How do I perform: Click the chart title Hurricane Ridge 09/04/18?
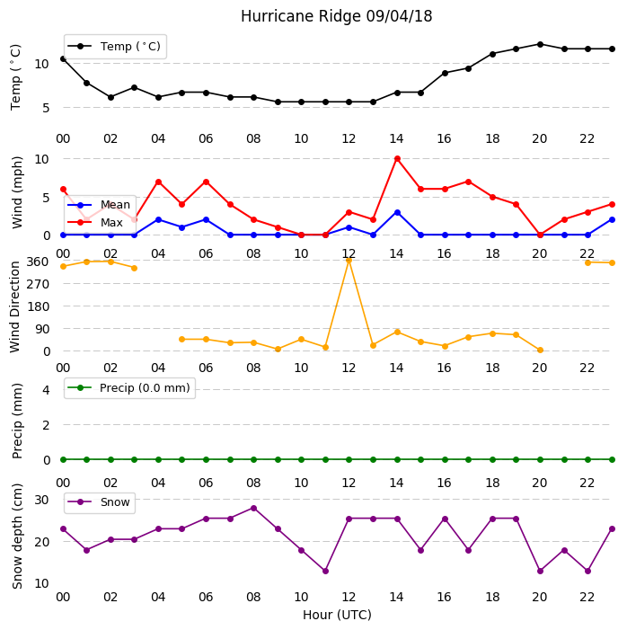336,16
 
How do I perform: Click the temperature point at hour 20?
540,44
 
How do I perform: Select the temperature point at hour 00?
63,58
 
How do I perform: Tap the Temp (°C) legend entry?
114,47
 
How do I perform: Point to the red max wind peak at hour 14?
397,159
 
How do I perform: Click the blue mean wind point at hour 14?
397,212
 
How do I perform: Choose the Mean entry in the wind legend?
99,205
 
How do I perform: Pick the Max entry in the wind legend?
95,222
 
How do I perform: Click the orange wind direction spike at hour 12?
349,261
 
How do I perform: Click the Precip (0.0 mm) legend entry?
129,387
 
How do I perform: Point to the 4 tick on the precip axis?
46,390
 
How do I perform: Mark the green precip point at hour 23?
612,459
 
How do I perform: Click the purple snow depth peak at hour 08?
253,509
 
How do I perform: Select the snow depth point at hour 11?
325,571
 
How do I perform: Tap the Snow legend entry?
99,502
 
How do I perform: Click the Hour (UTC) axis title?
337,615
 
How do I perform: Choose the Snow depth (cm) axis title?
17,537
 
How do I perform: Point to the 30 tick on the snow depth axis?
41,500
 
